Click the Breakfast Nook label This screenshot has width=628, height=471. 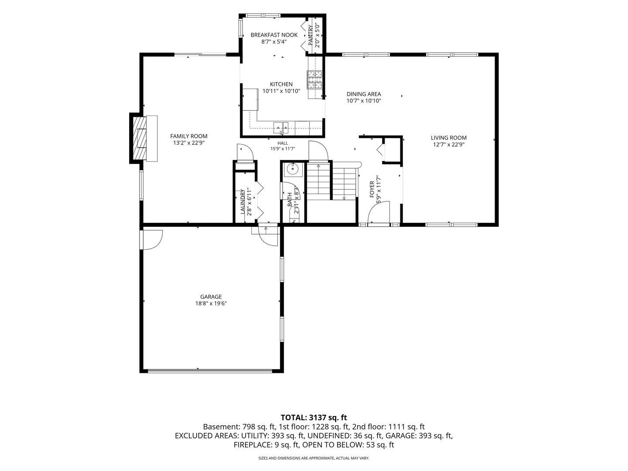coord(274,35)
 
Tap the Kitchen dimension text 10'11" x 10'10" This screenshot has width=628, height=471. coord(281,91)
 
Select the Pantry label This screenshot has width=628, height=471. coord(311,35)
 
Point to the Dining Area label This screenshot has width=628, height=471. coord(364,94)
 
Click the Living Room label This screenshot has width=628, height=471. coord(448,138)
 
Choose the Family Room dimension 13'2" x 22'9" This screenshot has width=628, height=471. coord(188,143)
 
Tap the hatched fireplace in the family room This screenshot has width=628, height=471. coord(140,138)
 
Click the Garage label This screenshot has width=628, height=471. coord(211,297)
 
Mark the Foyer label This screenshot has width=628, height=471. coord(372,189)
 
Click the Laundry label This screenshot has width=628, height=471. coord(242,201)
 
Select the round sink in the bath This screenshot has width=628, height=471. coord(294,169)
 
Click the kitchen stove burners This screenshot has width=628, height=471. coord(315,79)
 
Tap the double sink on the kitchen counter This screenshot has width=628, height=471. coord(281,126)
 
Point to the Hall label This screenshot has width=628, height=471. coord(283,143)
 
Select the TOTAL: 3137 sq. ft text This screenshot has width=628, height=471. coord(314,417)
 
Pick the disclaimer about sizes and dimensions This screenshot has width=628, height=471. coord(314,458)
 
